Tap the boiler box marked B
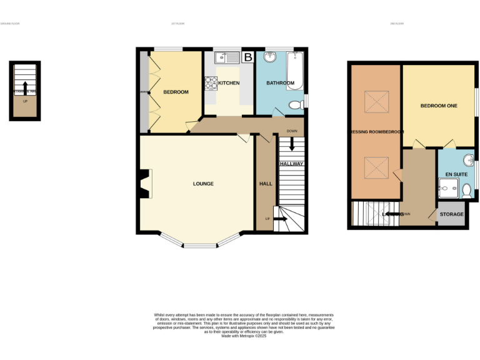click(x=248, y=57)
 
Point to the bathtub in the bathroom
click(x=295, y=70)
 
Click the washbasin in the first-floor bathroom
click(x=271, y=59)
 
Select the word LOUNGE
click(x=203, y=184)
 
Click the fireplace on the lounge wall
click(x=144, y=184)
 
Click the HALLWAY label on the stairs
click(x=291, y=164)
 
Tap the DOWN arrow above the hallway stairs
click(x=292, y=143)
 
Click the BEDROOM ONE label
click(x=438, y=106)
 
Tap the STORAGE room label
click(x=451, y=214)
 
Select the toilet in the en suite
click(x=466, y=189)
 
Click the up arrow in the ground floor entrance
click(x=25, y=86)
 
